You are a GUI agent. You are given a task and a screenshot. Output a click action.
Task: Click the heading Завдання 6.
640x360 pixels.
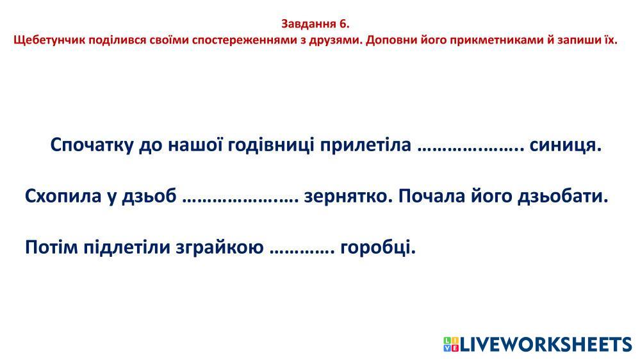(x=315, y=24)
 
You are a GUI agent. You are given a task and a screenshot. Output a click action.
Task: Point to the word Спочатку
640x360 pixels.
(x=92, y=145)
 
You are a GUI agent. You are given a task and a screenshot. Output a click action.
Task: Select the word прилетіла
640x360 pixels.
(x=365, y=145)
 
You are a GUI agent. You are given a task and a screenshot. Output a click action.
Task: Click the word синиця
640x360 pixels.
(x=566, y=145)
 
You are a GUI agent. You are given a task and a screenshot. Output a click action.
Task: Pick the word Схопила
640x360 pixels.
(x=63, y=196)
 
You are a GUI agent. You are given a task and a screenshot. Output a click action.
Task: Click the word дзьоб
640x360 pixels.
(x=149, y=196)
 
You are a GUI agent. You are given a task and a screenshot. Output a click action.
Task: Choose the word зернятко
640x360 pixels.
(x=348, y=197)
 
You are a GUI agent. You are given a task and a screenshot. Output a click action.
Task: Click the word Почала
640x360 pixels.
(x=431, y=196)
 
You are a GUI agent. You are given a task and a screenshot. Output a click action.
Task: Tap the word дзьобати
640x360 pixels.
(x=563, y=196)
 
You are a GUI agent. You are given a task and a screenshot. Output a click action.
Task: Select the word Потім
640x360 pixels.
(x=51, y=247)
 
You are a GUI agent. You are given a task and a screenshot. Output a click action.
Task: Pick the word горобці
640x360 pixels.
(x=378, y=247)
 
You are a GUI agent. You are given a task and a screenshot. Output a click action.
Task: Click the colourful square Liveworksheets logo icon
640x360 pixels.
(x=452, y=344)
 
